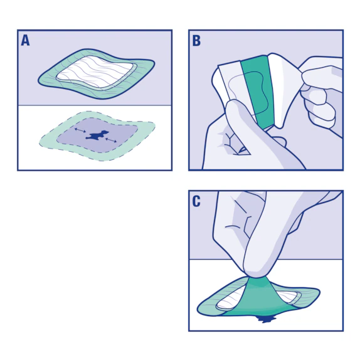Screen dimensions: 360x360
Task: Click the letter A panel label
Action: [25, 41]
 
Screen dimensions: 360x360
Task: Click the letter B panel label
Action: [196, 41]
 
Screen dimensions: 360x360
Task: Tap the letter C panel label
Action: [196, 202]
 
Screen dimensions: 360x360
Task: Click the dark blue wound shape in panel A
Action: [97, 135]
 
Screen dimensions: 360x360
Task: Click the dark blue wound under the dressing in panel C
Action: [267, 320]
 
